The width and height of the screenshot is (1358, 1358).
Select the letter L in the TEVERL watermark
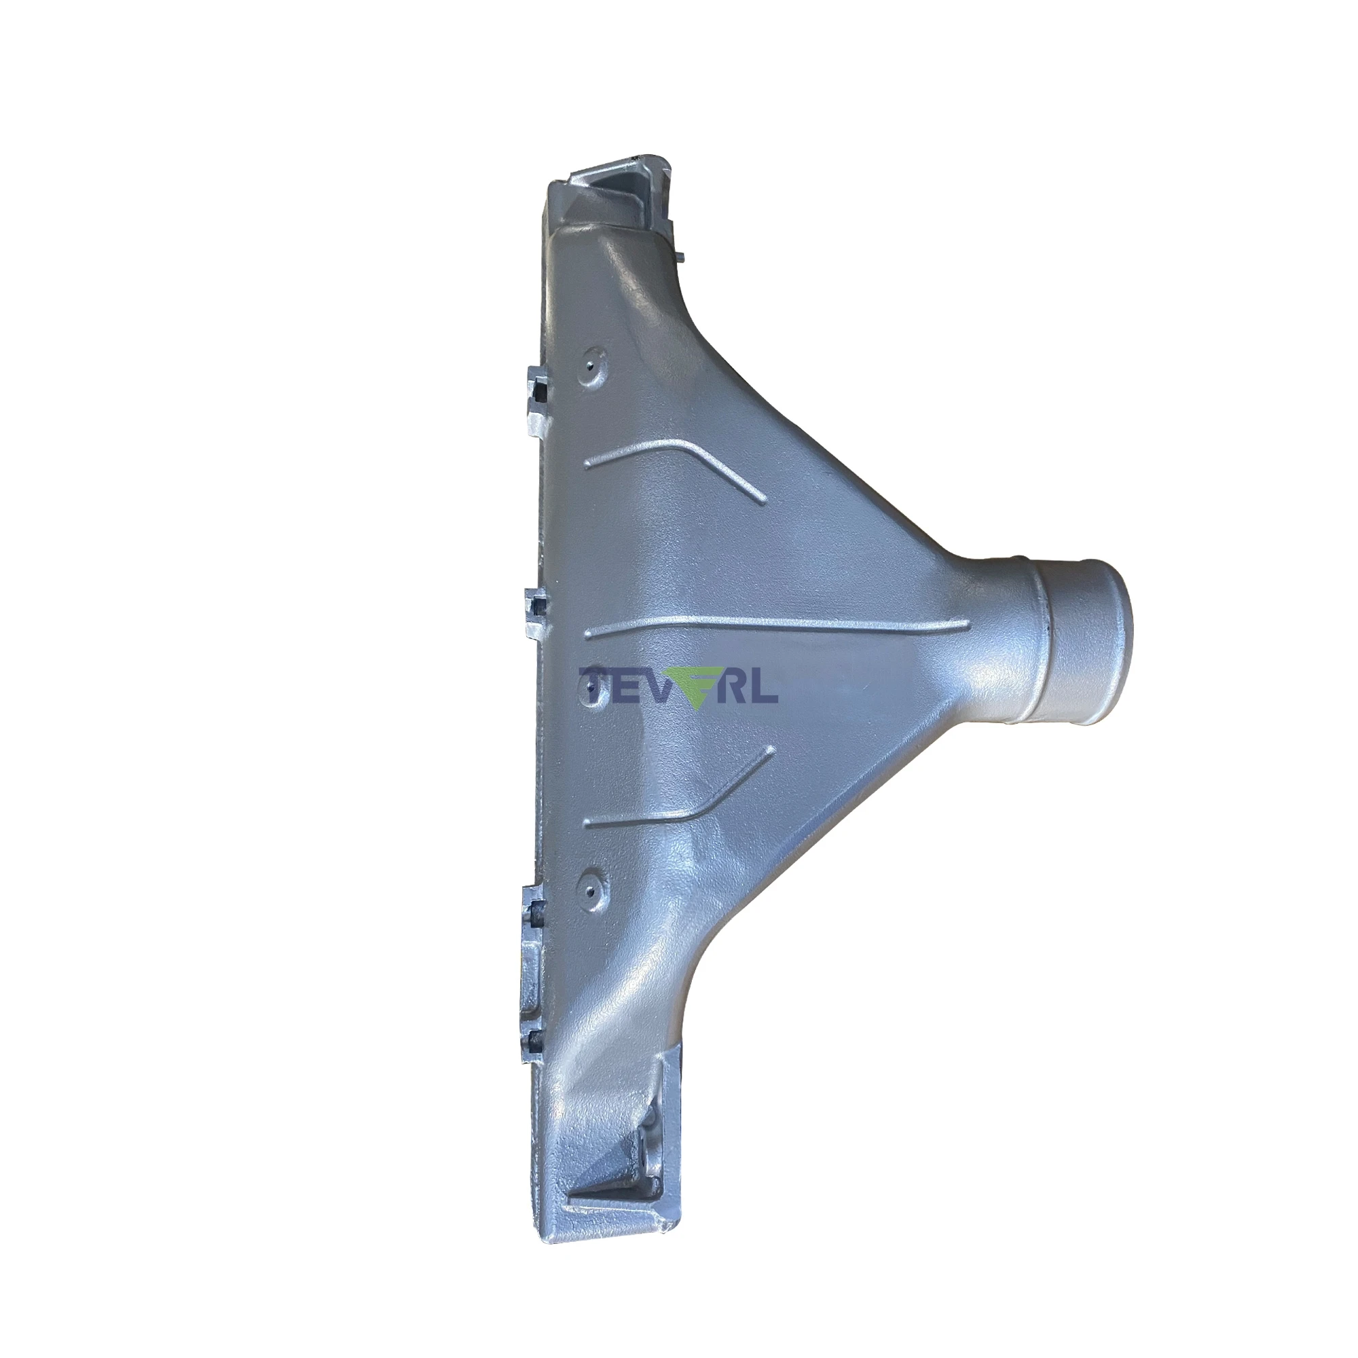765,684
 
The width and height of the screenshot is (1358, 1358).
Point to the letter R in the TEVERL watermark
735,684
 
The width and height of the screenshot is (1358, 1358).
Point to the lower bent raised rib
679,788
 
